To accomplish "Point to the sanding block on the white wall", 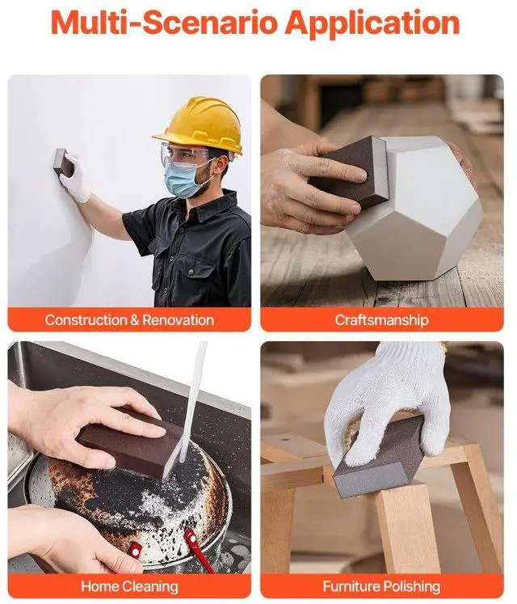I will (62, 162).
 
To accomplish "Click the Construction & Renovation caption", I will (129, 319).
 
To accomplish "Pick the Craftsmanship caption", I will (381, 319).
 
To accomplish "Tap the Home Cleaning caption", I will (129, 586).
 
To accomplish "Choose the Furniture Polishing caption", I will (381, 586).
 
